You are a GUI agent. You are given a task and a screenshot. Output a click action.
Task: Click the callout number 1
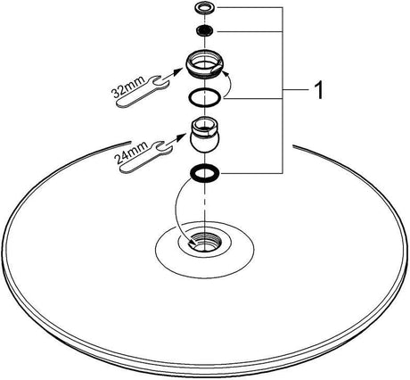pos(318,91)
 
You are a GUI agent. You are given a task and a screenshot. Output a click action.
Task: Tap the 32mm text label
pos(128,87)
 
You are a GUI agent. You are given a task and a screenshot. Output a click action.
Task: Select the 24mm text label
pos(132,153)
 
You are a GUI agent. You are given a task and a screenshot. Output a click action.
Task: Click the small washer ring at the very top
pos(204,7)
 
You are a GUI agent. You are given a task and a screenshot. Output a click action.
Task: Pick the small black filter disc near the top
pos(204,30)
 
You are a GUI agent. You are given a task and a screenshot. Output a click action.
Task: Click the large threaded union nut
pos(203,63)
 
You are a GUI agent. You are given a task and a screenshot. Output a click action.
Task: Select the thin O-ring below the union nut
pos(204,97)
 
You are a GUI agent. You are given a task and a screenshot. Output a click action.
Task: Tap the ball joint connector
pos(204,135)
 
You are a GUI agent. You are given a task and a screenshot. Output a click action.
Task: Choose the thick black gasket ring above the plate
pos(204,173)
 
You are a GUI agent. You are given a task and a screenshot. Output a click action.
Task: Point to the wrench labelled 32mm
pos(140,91)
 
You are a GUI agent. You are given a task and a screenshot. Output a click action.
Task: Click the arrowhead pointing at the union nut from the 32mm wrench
pos(178,71)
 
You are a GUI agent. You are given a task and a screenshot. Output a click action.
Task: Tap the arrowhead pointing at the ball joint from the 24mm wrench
pos(181,136)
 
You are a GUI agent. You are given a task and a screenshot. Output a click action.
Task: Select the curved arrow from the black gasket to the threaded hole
pos(176,208)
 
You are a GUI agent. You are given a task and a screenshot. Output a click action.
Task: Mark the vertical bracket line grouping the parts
pos(283,90)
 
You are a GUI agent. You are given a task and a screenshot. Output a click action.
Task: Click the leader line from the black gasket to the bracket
pos(252,173)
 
